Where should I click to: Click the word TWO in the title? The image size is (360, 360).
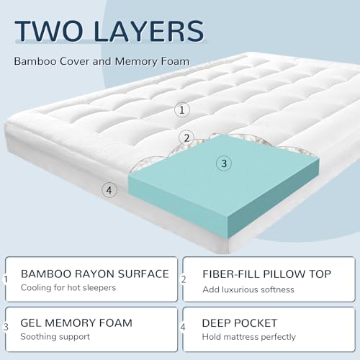pyautogui.click(x=48, y=31)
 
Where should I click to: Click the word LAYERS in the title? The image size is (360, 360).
pyautogui.click(x=149, y=31)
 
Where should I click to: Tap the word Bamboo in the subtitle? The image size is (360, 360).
pyautogui.click(x=35, y=61)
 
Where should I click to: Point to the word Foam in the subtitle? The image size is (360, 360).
pyautogui.click(x=175, y=61)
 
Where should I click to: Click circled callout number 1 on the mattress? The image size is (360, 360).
pyautogui.click(x=182, y=110)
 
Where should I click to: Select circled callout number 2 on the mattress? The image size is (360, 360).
pyautogui.click(x=186, y=138)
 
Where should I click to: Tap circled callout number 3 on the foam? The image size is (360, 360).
pyautogui.click(x=224, y=163)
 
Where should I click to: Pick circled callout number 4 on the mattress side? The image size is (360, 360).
pyautogui.click(x=109, y=190)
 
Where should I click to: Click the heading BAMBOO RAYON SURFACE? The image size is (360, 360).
pyautogui.click(x=95, y=274)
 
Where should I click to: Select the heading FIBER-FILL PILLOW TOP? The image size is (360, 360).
pyautogui.click(x=266, y=274)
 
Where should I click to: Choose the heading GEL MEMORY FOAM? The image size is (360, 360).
pyautogui.click(x=76, y=323)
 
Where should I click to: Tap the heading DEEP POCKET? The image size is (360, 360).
pyautogui.click(x=240, y=323)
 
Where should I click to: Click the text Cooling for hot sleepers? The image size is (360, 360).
pyautogui.click(x=68, y=288)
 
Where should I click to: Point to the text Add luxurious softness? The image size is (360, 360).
pyautogui.click(x=248, y=289)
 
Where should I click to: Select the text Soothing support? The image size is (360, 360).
pyautogui.click(x=55, y=337)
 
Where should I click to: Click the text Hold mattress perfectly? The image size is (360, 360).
pyautogui.click(x=248, y=337)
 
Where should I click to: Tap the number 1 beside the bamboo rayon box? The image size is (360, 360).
pyautogui.click(x=6, y=279)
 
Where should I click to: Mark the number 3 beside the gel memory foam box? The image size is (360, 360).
pyautogui.click(x=6, y=327)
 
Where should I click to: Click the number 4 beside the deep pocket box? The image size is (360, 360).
pyautogui.click(x=183, y=327)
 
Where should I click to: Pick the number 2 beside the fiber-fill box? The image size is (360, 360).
pyautogui.click(x=184, y=279)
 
